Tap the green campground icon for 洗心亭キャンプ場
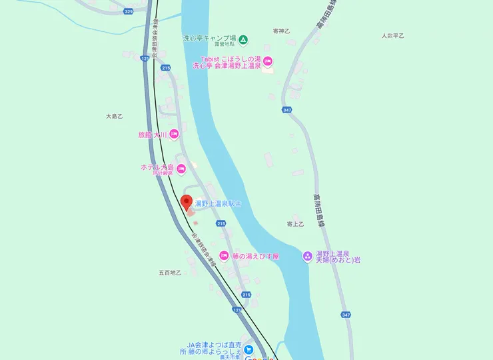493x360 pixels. pos(243,39)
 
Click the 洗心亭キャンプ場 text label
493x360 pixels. pos(210,39)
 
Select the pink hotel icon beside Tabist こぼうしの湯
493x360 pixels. pos(268,62)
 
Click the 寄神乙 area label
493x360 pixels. pos(282,31)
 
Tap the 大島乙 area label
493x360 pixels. pos(115,116)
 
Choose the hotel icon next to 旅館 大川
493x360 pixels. pos(173,135)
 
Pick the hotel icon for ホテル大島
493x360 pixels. pos(180,167)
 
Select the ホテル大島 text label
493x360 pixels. pos(157,167)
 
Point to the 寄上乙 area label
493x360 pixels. pos(294,224)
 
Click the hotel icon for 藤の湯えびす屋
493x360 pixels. pos(225,255)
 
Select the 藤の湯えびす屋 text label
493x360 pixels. pos(256,255)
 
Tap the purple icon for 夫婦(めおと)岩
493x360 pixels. pos(307,255)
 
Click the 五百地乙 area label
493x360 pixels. pos(170,273)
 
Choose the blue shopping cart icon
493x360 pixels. pos(248,348)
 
